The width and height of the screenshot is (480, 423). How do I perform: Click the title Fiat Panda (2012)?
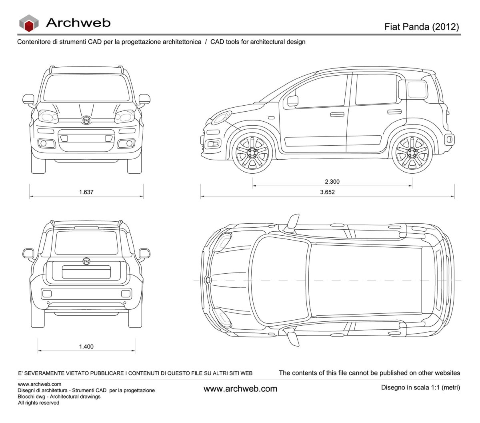[422, 27]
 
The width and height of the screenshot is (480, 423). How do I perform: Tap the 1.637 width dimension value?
[86, 192]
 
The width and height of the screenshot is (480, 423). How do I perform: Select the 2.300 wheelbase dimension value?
[332, 182]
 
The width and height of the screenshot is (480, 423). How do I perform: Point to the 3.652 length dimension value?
[327, 192]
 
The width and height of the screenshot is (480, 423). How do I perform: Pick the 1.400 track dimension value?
[86, 347]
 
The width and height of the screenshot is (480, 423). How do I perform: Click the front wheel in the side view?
[252, 152]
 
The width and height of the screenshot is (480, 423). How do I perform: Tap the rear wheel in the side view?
[412, 152]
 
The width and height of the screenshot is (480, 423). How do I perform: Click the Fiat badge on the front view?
[86, 120]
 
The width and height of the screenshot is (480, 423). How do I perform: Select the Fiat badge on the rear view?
[86, 261]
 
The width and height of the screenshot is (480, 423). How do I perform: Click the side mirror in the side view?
[293, 101]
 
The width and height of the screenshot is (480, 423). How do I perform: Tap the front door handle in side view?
[337, 114]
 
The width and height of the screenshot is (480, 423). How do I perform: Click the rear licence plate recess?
[86, 272]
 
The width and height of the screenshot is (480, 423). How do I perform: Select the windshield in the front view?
[86, 88]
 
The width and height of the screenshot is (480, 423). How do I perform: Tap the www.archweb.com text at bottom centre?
[240, 389]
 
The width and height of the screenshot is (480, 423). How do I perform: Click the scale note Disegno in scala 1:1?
[420, 387]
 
